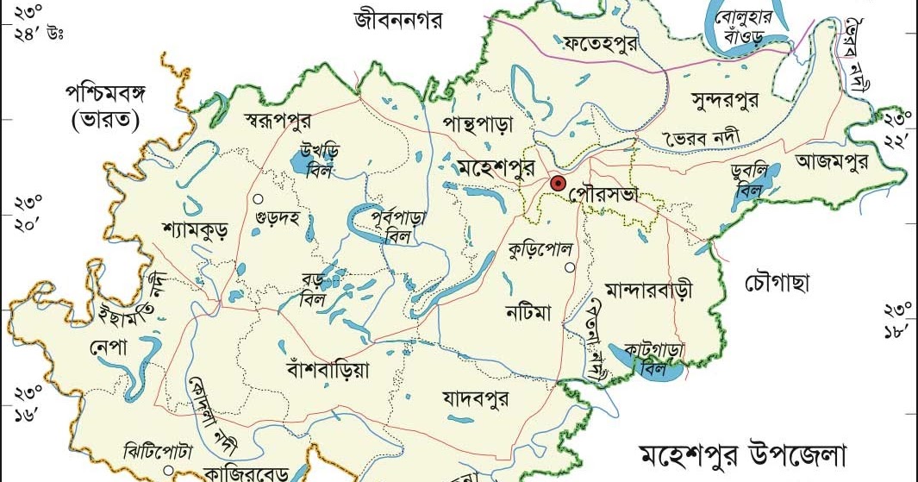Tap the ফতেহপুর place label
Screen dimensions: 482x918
pyautogui.click(x=600, y=41)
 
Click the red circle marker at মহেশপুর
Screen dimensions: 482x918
pyautogui.click(x=558, y=183)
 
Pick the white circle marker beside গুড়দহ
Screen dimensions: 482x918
pyautogui.click(x=257, y=199)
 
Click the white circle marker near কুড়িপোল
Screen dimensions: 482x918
pyautogui.click(x=569, y=268)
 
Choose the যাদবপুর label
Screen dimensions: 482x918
pyautogui.click(x=475, y=399)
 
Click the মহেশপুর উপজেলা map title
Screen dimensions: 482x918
pyautogui.click(x=744, y=456)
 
